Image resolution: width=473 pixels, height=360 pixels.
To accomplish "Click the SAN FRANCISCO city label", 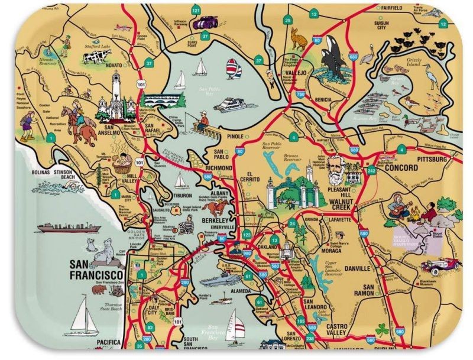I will pyautogui.click(x=96, y=270).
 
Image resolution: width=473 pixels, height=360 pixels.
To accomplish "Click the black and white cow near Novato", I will pyautogui.click(x=97, y=57).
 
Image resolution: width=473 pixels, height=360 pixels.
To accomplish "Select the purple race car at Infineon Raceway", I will pyautogui.click(x=204, y=23).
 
